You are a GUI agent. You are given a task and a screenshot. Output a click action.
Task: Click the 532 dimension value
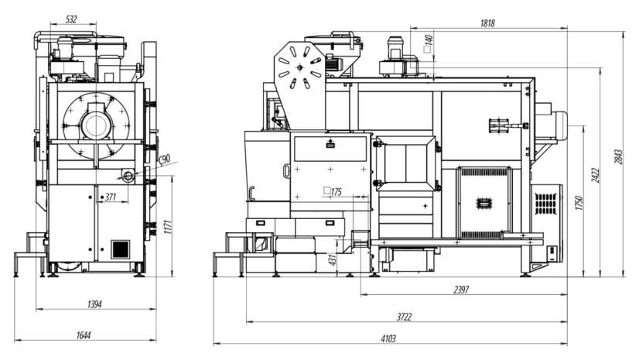click(71, 19)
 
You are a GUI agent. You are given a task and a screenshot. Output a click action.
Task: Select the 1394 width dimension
click(94, 304)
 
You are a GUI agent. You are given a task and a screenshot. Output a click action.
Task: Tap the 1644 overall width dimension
click(84, 335)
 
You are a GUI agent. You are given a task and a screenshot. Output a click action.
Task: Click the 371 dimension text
click(111, 197)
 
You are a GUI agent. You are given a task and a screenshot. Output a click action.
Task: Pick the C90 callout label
click(163, 159)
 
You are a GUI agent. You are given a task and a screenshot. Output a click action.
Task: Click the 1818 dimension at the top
click(487, 23)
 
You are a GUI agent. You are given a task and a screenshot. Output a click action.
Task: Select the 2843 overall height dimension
click(619, 157)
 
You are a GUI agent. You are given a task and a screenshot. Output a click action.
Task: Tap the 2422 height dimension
click(596, 175)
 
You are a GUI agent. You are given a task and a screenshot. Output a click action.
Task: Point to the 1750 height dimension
click(579, 203)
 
